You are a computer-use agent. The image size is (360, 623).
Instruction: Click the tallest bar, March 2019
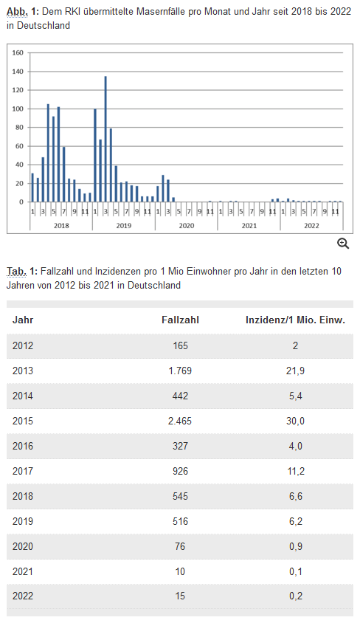click(105, 139)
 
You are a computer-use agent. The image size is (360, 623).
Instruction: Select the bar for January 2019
click(95, 155)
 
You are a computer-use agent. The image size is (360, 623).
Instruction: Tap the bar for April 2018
click(49, 153)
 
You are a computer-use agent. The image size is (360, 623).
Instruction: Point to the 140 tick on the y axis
click(18, 72)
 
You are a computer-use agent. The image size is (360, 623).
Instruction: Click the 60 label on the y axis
click(19, 146)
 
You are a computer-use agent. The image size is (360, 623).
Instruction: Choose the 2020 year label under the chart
click(187, 226)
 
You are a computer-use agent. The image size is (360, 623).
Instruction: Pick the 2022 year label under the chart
click(311, 226)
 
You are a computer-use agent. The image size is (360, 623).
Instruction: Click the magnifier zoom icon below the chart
click(343, 244)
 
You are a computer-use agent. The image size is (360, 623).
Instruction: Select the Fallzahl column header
click(180, 320)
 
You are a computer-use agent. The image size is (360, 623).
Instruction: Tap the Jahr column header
click(23, 320)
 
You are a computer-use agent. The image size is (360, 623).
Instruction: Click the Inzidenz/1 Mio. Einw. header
click(295, 320)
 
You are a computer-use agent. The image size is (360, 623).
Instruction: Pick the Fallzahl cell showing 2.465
click(180, 421)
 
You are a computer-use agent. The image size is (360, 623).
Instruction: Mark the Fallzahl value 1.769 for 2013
click(180, 371)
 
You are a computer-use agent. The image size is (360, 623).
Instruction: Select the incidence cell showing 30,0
click(296, 421)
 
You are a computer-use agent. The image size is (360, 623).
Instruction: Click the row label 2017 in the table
click(23, 471)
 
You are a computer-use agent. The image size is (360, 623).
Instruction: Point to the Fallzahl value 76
click(180, 546)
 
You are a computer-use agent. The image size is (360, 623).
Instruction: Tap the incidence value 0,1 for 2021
click(296, 572)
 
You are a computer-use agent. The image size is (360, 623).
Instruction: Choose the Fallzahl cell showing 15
click(180, 596)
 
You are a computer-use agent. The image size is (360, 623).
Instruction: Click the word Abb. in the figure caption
click(18, 11)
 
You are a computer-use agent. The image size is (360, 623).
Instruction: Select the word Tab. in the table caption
click(17, 272)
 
